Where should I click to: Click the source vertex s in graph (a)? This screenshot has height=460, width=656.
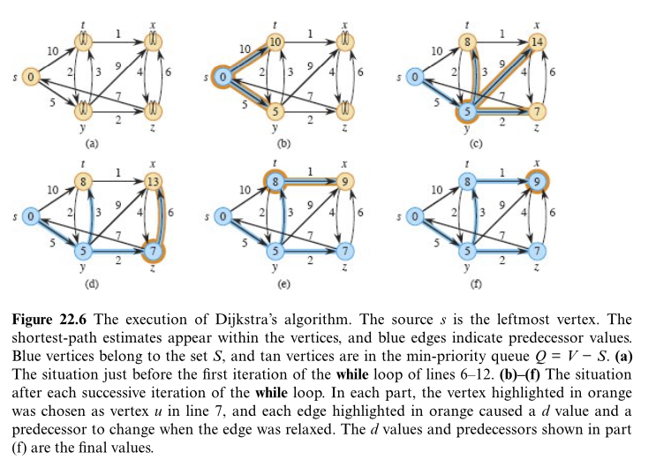tap(30, 77)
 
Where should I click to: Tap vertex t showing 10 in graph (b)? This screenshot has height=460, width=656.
tap(275, 41)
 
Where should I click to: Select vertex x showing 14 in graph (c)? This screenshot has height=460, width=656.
tap(536, 41)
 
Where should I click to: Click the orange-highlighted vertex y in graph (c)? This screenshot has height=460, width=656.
tap(468, 111)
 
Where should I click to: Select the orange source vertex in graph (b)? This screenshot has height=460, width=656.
tap(224, 77)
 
